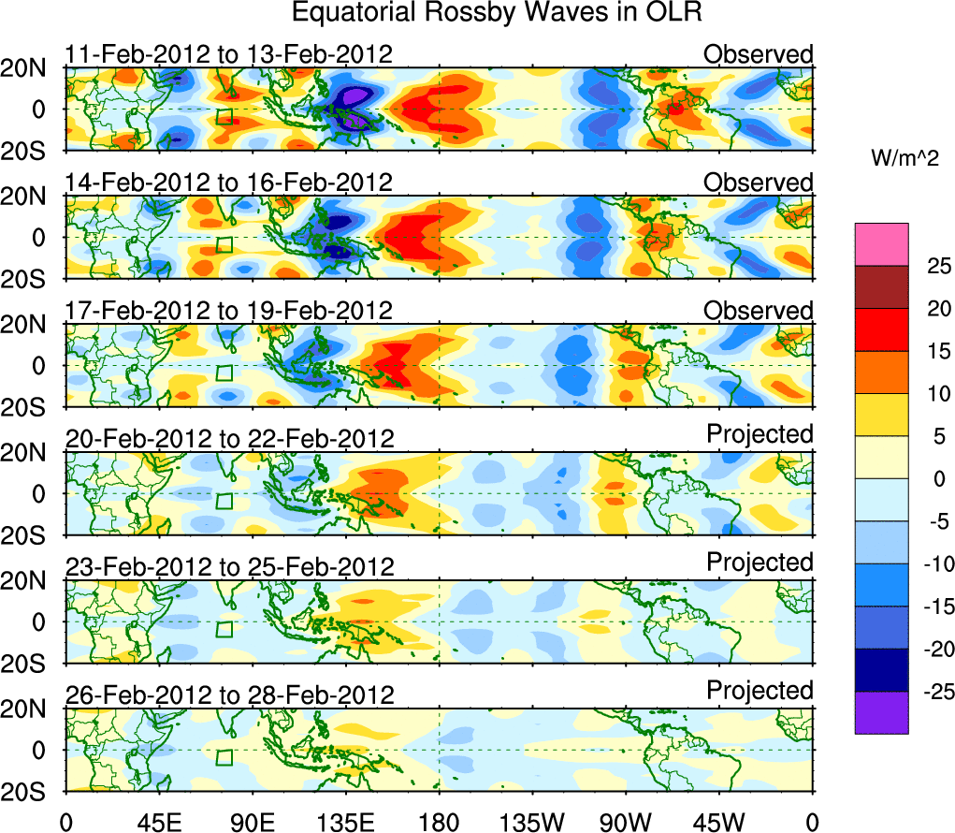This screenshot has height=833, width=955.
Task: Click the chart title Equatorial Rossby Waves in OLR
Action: pos(497,13)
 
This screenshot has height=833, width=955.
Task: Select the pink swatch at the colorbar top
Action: pos(881,244)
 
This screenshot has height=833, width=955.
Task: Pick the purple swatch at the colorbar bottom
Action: pos(881,712)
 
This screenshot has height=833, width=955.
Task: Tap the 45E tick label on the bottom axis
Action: pos(156,821)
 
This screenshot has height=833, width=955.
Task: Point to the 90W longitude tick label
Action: pos(625,821)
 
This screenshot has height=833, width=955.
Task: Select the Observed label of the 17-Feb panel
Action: pos(759,311)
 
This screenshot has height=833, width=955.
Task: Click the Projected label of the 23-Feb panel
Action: pos(760,563)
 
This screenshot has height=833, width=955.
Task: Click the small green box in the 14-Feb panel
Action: pos(224,245)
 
